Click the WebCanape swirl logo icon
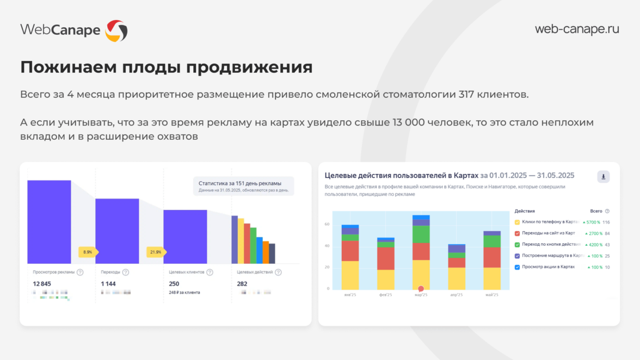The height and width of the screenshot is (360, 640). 116,30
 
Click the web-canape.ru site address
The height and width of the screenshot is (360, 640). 577,29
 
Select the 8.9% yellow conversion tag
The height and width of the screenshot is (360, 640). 88,252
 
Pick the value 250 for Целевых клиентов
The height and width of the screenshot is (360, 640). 174,283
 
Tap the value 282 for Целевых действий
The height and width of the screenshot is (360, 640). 242,283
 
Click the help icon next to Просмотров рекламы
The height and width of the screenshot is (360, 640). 80,272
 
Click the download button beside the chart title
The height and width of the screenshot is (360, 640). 603,177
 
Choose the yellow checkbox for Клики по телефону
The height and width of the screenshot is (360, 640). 517,222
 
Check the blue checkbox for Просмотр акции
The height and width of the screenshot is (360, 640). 517,267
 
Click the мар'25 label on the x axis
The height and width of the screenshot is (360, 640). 421,295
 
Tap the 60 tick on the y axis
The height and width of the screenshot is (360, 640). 327,224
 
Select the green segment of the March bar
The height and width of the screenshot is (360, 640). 421,234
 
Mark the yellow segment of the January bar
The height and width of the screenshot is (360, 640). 350,275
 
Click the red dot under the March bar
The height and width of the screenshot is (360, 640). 421,288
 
